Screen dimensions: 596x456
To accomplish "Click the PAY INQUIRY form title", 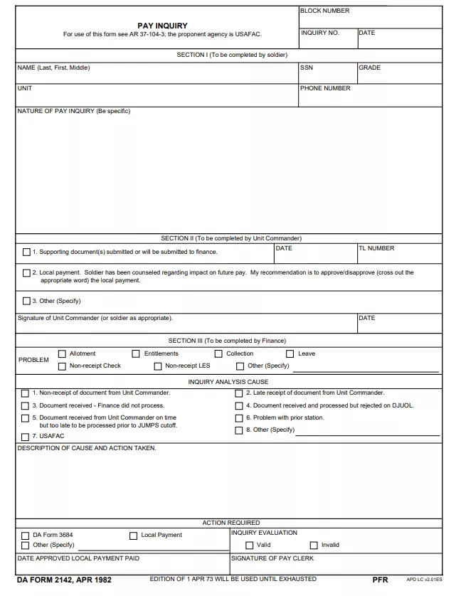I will (162, 26).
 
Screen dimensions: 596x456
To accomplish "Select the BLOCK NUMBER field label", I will (324, 11).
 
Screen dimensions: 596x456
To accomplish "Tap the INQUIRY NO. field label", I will (320, 33).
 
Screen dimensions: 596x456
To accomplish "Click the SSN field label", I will (306, 68).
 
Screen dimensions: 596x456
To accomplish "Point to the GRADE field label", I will (369, 68).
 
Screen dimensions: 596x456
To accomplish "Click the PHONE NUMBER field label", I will (325, 88).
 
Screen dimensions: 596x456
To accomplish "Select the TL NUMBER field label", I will (376, 248).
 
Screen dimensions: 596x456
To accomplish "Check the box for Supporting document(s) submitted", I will (27, 252).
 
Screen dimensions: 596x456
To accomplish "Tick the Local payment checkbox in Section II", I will (27, 272).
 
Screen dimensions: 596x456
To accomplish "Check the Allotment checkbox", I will (62, 353).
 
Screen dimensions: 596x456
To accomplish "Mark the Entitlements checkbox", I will (136, 353).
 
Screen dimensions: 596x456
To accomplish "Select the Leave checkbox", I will (290, 353).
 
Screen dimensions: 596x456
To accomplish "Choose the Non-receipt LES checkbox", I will (158, 366).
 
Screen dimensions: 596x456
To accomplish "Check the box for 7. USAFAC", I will (26, 437).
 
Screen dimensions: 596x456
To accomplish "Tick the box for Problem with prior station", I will (239, 418).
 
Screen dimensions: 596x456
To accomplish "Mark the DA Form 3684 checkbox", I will (26, 536).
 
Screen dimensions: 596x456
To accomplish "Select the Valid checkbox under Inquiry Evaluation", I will (250, 546).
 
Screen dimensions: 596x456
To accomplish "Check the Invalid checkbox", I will (314, 546).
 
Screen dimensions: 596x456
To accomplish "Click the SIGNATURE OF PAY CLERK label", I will (272, 558).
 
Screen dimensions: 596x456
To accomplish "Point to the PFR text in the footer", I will (380, 580).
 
